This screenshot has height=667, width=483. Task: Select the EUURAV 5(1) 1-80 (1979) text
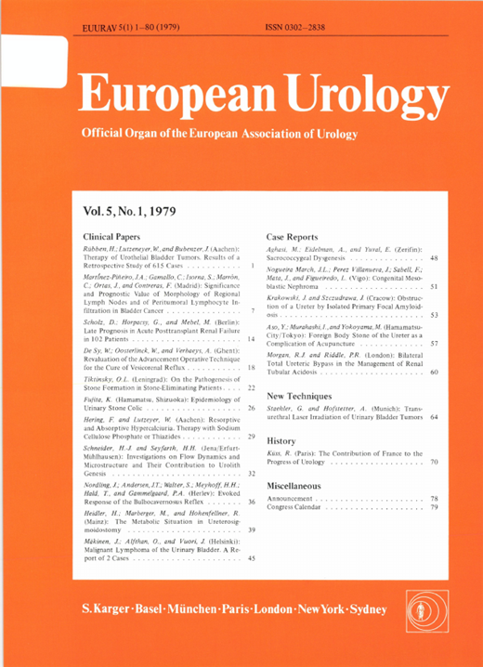tap(123, 18)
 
